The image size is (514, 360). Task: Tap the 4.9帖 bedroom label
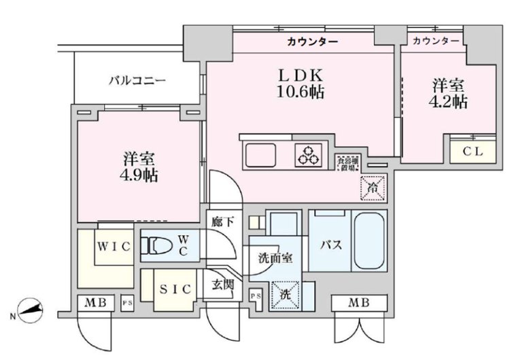pyautogui.click(x=141, y=167)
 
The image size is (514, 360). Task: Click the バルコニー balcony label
pyautogui.click(x=137, y=82)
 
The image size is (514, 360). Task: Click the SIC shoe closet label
pyautogui.click(x=175, y=288)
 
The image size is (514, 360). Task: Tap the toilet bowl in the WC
pyautogui.click(x=158, y=247)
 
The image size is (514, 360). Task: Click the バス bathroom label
pyautogui.click(x=330, y=245)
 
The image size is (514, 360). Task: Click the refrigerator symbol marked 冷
pyautogui.click(x=372, y=184)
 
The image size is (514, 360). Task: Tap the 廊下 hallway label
pyautogui.click(x=222, y=221)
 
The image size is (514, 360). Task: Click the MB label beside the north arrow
pyautogui.click(x=96, y=302)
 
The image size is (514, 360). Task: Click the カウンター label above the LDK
pyautogui.click(x=312, y=42)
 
